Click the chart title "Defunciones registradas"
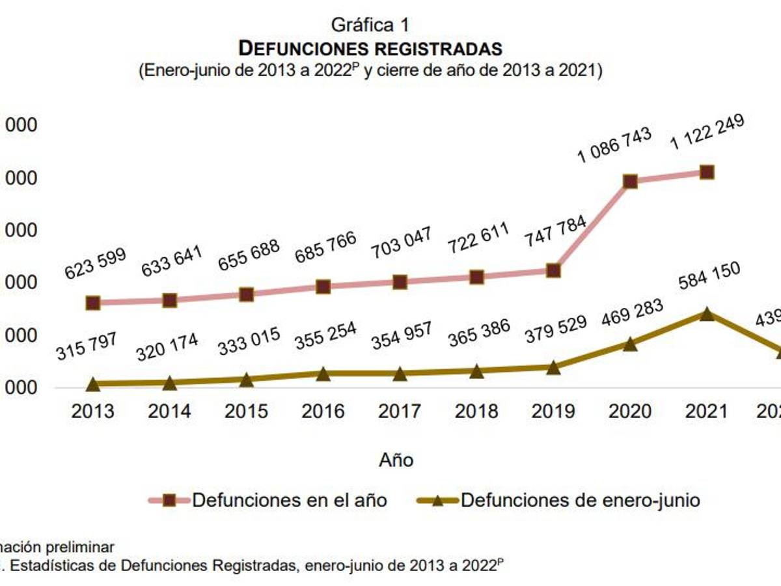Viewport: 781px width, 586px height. [370, 48]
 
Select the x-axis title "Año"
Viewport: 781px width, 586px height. [396, 460]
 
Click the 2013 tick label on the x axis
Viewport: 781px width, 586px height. [92, 412]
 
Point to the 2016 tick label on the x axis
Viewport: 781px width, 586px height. [323, 412]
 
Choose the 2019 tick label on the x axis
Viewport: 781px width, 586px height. [553, 412]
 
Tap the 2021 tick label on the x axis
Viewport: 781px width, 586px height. [707, 412]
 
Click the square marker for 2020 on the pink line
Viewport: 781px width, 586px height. [630, 181]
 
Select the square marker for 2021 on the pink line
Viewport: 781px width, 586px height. [707, 172]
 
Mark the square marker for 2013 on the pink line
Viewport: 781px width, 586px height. [93, 303]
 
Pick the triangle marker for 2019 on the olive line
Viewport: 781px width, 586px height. [553, 368]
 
